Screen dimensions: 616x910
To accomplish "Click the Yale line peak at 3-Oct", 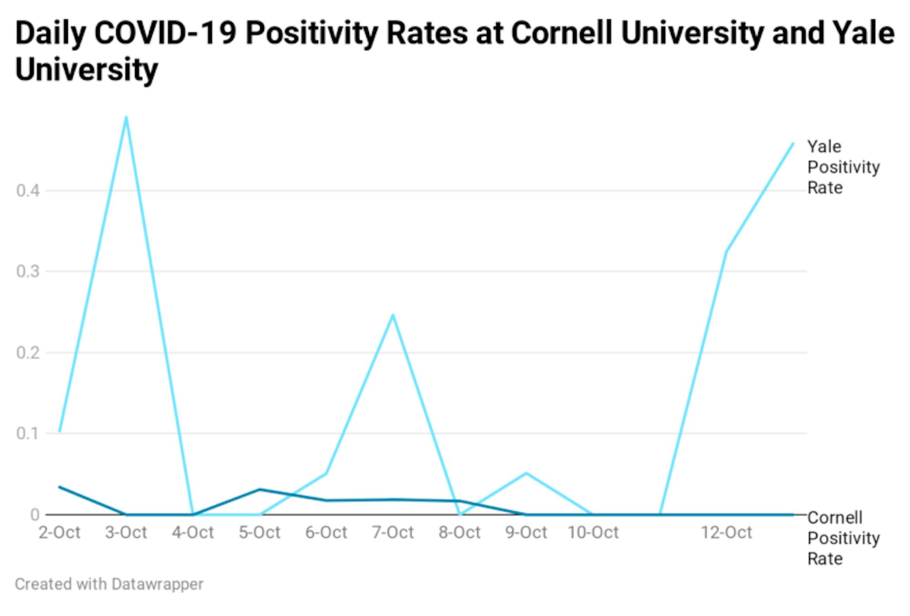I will tap(126, 118).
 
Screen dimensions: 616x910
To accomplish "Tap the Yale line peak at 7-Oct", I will tap(393, 315).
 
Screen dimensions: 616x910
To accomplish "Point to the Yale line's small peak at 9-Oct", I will tap(526, 473).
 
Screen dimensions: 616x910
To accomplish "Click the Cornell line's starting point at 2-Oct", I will tap(60, 487).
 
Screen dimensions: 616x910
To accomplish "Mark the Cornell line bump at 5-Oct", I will tap(259, 490).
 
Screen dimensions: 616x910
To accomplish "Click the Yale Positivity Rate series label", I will tap(843, 167).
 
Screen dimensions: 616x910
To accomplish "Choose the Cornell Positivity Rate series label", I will tap(843, 538).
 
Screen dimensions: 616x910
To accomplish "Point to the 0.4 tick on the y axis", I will tap(28, 191).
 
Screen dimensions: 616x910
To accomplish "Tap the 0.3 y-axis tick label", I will tap(28, 272).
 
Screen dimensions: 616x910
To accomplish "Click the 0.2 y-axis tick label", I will tap(28, 353).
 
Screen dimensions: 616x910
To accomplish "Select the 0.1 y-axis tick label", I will tap(28, 434).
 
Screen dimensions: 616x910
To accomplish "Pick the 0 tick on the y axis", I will tap(35, 515).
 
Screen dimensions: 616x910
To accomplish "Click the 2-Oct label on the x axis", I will tap(60, 532).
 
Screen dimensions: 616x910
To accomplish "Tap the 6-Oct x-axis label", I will tap(326, 532).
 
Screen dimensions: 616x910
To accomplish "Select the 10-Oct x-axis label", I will tap(593, 532).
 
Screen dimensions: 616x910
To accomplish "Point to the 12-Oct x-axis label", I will tap(727, 532).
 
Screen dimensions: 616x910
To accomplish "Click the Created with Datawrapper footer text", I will tap(109, 584).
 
